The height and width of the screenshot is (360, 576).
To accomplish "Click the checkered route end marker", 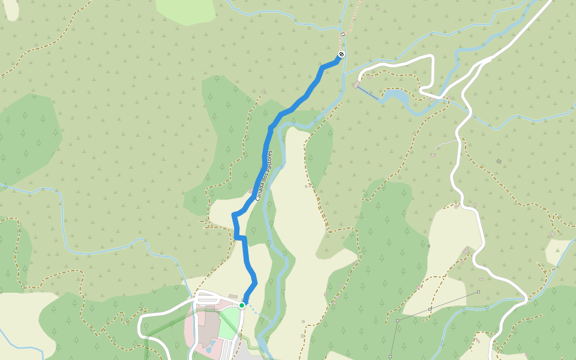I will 341,55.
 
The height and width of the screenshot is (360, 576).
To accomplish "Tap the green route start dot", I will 242,305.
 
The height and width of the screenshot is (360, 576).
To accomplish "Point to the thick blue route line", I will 264,156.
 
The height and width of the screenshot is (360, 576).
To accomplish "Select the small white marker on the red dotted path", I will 343,34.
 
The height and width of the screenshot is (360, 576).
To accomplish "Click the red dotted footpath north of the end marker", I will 350,18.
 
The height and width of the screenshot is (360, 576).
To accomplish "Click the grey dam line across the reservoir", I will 369,92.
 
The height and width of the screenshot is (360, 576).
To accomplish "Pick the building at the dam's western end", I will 357,86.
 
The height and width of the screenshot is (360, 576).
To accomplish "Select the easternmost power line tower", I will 478,292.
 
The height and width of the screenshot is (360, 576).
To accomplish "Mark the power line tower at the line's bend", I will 397,320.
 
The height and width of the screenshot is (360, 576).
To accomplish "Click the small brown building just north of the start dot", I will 233,296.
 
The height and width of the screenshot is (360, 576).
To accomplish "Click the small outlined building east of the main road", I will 499,161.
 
